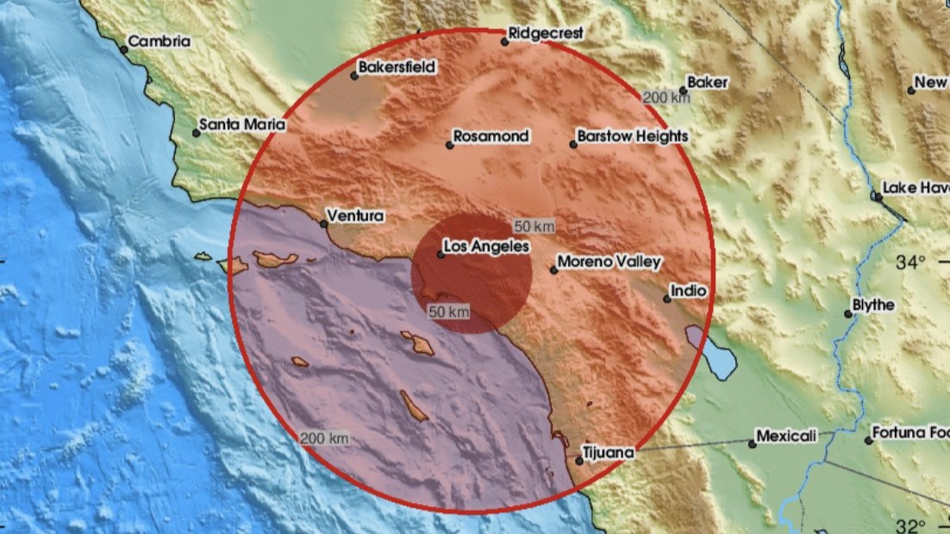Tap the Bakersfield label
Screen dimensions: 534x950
[398, 66]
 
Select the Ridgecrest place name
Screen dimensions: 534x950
[546, 33]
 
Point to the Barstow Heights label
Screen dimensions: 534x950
[633, 136]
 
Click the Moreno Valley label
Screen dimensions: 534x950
[609, 261]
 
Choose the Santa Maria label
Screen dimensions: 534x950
[242, 125]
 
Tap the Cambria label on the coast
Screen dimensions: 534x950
[159, 41]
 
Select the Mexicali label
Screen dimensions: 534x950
[786, 437]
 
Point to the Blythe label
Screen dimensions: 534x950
[873, 305]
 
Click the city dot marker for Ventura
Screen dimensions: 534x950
[324, 224]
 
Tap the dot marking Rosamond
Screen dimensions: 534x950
[449, 145]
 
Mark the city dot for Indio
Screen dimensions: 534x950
[666, 299]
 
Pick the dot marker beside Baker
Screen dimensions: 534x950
[683, 91]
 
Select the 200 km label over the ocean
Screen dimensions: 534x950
[325, 439]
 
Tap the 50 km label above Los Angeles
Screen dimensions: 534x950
[534, 226]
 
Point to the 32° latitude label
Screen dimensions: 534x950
[910, 525]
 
